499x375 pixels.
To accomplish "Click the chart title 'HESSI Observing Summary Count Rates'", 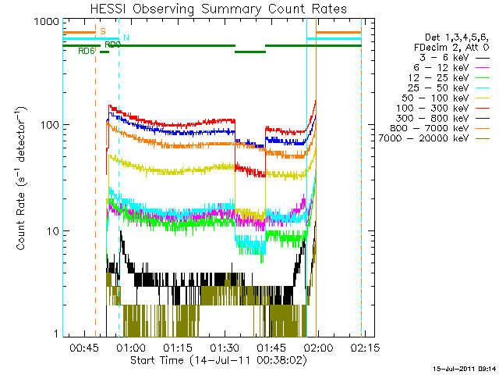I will [212, 9].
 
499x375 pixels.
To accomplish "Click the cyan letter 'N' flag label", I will [126, 37].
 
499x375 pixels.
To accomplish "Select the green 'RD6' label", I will [87, 52].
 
